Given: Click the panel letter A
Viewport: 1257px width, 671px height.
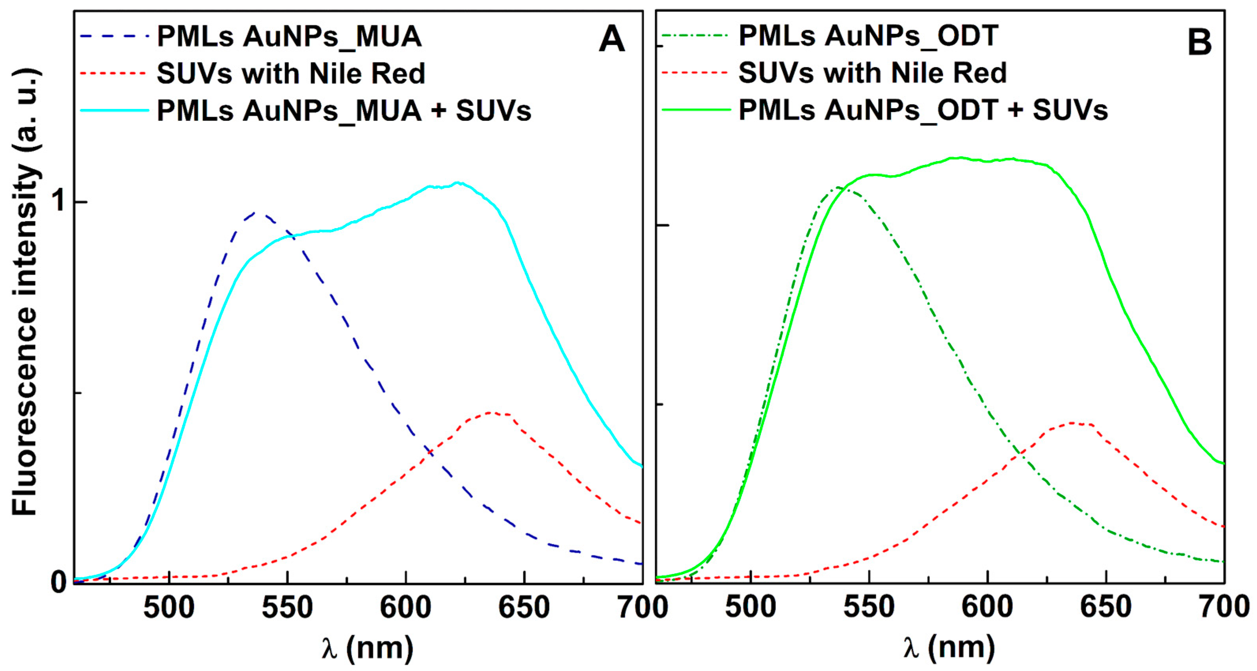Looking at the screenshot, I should pos(611,39).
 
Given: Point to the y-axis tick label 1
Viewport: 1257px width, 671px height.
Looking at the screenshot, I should pos(60,201).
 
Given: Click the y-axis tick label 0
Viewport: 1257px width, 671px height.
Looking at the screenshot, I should pos(59,582).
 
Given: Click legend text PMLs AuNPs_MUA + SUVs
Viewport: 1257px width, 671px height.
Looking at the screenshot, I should pos(343,111).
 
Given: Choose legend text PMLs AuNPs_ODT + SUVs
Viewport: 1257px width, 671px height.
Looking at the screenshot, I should pos(923,110).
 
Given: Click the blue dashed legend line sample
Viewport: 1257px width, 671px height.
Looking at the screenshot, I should pos(114,36).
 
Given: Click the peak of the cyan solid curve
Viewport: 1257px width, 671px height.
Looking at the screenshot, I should pos(458,184).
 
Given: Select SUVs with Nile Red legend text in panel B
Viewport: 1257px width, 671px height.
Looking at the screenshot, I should pos(873,73).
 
